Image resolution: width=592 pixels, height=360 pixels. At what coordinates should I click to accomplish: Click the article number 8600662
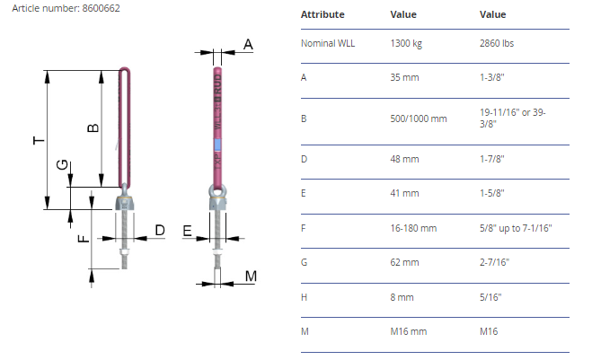[101, 8]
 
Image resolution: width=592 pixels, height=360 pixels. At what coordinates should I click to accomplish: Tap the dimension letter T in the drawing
[39, 140]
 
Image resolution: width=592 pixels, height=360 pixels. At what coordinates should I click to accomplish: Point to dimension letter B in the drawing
[93, 127]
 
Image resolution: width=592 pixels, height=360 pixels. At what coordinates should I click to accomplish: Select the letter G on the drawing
[62, 164]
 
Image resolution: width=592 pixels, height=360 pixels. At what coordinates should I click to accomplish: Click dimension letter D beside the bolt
[160, 230]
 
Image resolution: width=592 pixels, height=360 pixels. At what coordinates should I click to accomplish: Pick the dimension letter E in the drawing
[187, 231]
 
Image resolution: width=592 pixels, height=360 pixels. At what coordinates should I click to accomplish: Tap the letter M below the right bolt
[251, 277]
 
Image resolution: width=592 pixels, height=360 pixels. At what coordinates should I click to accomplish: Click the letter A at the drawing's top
[248, 45]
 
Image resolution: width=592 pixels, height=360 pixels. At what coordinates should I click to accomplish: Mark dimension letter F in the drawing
[84, 238]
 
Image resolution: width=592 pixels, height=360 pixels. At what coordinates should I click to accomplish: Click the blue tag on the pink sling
[217, 145]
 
